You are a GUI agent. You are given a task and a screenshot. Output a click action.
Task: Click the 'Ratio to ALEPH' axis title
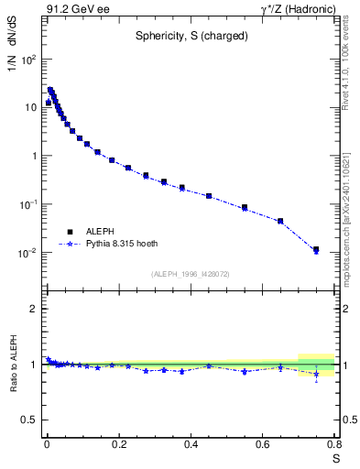click(13, 365)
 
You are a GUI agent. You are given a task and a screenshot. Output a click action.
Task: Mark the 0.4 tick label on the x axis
click(191, 445)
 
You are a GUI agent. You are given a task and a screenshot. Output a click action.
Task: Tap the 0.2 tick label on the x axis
click(118, 445)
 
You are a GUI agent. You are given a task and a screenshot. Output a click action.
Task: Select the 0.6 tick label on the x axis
click(262, 445)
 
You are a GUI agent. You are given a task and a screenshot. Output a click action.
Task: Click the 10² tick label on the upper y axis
click(29, 60)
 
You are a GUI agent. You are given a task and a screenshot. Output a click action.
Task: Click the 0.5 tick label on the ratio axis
click(28, 420)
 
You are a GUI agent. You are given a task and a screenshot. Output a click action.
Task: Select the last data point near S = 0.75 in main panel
click(316, 249)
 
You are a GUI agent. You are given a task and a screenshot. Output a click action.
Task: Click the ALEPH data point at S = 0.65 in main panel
click(280, 221)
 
